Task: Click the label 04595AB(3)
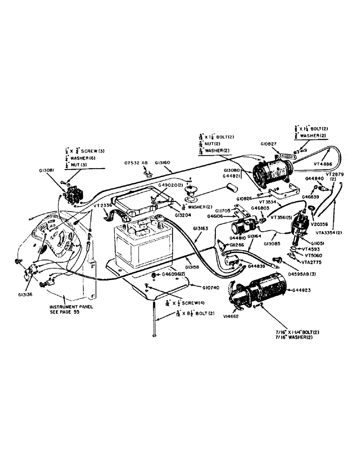point(291,269)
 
